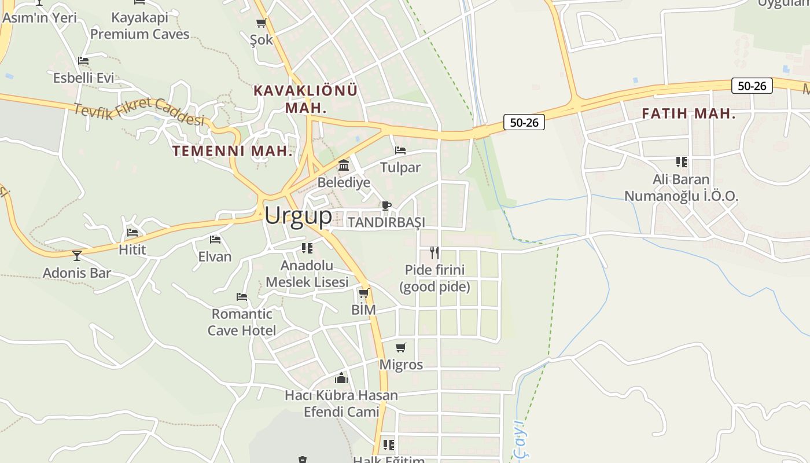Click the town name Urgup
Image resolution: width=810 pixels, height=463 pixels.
298,216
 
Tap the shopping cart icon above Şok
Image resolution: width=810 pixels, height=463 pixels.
261,23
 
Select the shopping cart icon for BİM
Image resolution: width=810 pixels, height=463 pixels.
363,293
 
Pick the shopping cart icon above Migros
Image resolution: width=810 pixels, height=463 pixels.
400,348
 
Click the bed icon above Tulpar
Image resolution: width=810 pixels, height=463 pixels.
400,150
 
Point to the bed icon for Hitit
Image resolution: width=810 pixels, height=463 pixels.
132,233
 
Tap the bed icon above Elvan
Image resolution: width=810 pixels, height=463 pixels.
215,239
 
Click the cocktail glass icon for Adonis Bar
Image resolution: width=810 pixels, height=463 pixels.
77,255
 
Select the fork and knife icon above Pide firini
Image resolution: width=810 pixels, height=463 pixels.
434,252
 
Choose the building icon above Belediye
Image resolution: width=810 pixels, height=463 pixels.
344,166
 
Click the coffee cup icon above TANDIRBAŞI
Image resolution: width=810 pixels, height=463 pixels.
386,205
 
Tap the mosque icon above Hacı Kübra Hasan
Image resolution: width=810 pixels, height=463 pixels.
341,378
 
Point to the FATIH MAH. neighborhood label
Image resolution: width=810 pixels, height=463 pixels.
689,114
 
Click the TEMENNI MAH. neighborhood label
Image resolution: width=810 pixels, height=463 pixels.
233,152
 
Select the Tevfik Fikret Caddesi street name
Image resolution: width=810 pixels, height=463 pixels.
139,111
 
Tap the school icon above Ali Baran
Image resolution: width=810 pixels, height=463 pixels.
681,162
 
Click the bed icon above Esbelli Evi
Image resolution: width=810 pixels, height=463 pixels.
83,61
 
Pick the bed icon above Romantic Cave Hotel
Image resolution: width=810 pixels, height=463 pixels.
242,297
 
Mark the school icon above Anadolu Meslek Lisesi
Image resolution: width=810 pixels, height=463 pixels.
307,248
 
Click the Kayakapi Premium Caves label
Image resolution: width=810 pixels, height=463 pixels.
139,26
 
